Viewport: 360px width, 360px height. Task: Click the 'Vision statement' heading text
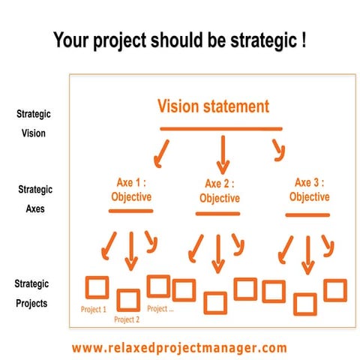212,106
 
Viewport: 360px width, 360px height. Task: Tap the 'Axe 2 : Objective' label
220,190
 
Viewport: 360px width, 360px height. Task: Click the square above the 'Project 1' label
96,288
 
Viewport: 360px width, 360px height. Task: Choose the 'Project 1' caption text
94,309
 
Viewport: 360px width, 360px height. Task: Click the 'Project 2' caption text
127,320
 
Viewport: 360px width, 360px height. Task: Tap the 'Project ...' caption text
160,308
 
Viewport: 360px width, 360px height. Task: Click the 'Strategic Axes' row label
34,199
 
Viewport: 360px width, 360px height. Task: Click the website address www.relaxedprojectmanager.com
179,347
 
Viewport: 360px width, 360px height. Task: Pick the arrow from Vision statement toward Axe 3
278,150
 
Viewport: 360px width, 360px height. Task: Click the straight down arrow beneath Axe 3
306,254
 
